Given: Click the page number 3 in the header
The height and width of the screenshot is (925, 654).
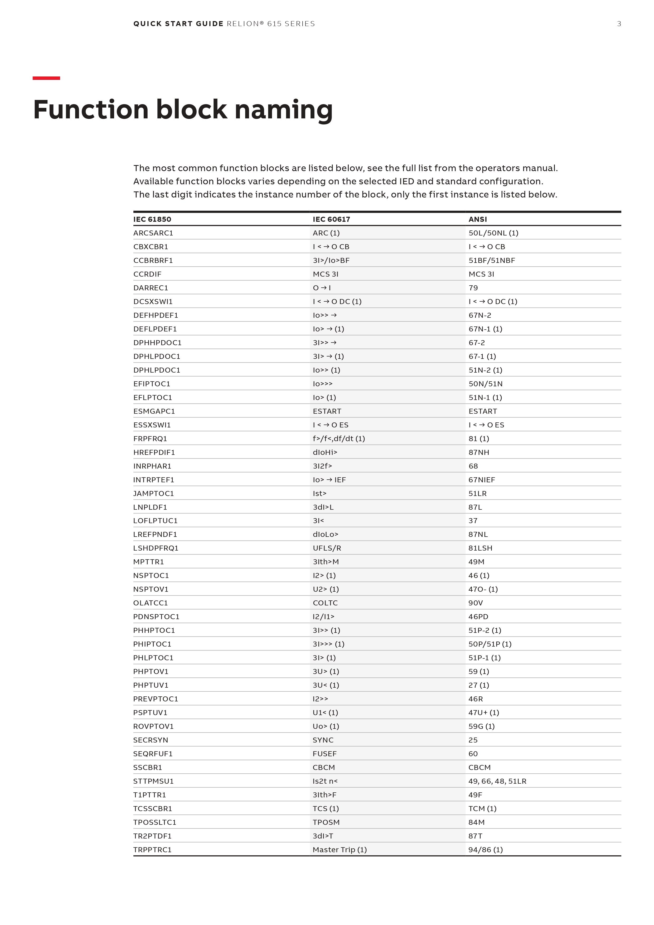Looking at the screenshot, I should (619, 24).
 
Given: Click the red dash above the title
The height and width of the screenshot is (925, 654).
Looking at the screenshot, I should (46, 78).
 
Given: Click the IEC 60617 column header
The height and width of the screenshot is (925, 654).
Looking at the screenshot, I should (331, 219).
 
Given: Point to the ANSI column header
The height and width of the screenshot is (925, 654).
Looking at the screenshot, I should (478, 219).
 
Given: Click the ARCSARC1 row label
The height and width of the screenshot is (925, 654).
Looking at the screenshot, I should (153, 233).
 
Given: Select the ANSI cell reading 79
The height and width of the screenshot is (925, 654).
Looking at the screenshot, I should (473, 288).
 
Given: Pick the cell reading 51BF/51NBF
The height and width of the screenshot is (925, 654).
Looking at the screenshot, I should (492, 260).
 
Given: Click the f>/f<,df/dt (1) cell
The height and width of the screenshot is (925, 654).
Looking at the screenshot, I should (339, 438).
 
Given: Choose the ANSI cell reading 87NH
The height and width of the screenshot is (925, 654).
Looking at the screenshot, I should (479, 452).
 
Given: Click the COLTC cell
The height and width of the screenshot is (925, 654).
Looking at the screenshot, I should (325, 603).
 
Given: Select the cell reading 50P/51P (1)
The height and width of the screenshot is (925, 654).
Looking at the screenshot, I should (490, 644).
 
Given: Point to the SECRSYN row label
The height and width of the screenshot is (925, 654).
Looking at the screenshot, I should (151, 740).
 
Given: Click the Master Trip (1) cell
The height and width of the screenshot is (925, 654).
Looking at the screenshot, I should (340, 849).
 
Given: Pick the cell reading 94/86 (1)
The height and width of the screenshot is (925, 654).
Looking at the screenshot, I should (485, 849).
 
